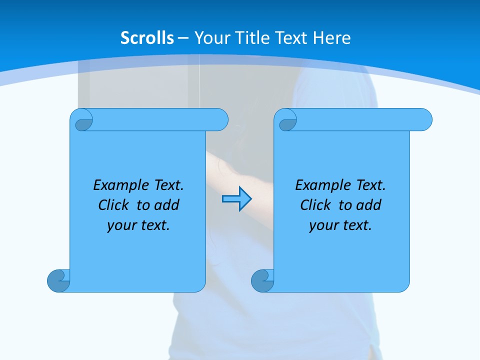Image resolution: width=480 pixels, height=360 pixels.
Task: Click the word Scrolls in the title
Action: (147, 38)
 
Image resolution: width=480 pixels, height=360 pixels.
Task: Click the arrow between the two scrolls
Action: (236, 199)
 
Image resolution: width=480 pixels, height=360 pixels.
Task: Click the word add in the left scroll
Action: (166, 205)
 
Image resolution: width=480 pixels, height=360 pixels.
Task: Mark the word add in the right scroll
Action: (368, 205)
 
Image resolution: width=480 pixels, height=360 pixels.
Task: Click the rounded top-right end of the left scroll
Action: (220, 120)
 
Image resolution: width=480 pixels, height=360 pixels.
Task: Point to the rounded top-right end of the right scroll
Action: (424, 120)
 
